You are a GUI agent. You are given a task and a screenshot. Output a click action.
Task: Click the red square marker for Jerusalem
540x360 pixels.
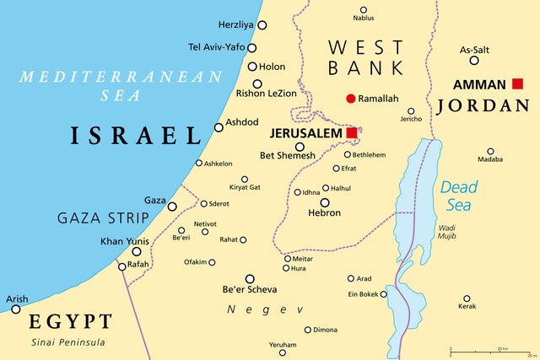[351, 133]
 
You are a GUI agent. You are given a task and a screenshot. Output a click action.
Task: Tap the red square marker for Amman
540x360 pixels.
[517, 83]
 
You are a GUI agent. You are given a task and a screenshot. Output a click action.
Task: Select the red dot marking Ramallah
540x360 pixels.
[351, 99]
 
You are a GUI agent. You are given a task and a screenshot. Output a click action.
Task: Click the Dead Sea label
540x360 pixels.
[459, 196]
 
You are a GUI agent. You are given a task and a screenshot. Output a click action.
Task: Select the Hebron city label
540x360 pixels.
[325, 213]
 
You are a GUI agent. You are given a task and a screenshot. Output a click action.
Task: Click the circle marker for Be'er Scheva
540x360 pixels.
[250, 278]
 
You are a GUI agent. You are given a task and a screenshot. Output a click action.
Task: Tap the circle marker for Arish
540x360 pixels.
[15, 309]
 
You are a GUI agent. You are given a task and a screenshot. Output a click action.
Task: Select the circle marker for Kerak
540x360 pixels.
[467, 298]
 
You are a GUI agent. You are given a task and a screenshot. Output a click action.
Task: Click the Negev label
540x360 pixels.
[252, 309]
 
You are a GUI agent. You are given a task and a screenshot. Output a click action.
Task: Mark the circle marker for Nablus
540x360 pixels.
[363, 9]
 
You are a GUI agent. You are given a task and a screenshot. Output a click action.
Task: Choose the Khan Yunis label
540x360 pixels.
[125, 241]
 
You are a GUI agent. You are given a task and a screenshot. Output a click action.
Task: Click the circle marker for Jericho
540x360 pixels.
[411, 110]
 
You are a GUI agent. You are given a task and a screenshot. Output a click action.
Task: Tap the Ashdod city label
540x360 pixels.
[242, 122]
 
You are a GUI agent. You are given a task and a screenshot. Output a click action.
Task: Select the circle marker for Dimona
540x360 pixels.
[308, 330]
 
